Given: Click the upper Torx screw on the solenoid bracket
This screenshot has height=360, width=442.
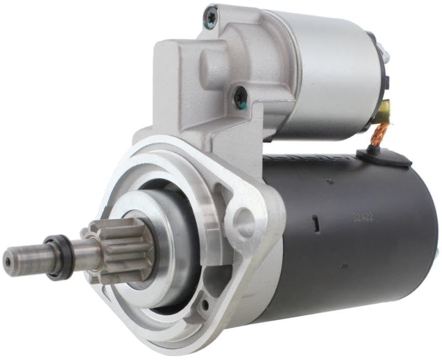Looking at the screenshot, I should (212, 19).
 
